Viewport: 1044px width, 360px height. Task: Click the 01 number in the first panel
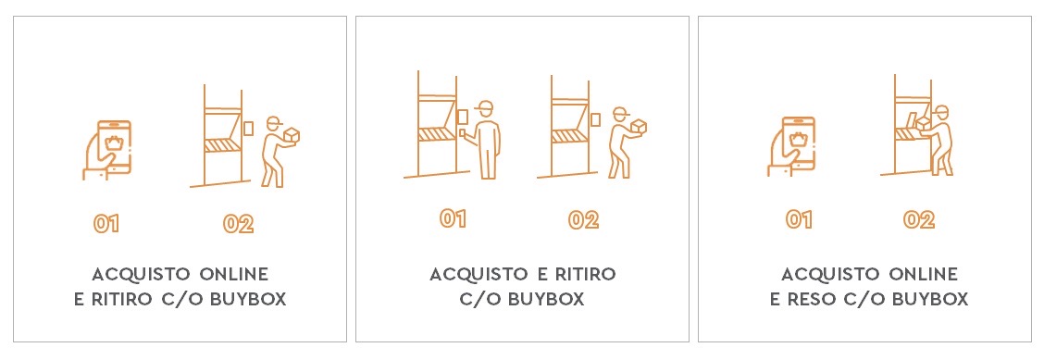point(106,224)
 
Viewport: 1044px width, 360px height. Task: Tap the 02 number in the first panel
point(239,224)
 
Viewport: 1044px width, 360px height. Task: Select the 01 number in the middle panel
point(453,218)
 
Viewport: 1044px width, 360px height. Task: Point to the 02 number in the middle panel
point(583,219)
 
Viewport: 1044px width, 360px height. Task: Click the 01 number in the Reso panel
point(799,219)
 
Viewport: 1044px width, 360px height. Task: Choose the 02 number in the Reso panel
point(919,219)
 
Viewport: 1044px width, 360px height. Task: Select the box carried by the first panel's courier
point(291,135)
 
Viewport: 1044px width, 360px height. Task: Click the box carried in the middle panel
point(640,127)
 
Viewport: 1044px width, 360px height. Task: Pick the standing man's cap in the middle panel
point(485,106)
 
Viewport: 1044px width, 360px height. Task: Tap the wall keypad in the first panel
point(249,128)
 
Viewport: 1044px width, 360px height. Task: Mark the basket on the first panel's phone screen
point(115,142)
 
